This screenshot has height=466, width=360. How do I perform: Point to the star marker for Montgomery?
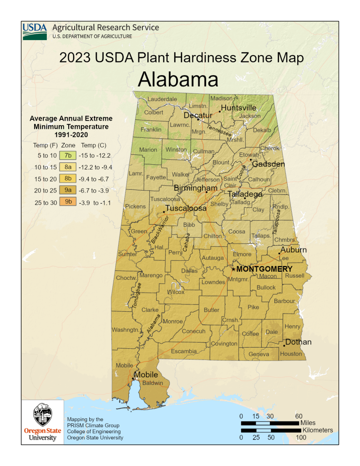(x=233, y=269)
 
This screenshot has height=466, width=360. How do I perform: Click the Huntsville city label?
(x=238, y=108)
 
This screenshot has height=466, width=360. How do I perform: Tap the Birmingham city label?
(x=195, y=188)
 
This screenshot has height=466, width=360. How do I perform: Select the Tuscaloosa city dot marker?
(x=164, y=212)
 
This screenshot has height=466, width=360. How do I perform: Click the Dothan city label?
(x=298, y=342)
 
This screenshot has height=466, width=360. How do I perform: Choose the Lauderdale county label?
(x=162, y=99)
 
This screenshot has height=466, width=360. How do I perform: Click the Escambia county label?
(x=184, y=351)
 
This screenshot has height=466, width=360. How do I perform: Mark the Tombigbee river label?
(x=138, y=296)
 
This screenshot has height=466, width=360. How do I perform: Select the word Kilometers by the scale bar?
(x=317, y=430)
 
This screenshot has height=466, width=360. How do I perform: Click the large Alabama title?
(x=178, y=79)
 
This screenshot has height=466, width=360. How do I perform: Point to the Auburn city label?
(x=294, y=250)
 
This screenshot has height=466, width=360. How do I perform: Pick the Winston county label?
(x=176, y=149)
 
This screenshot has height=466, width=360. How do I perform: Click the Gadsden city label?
(x=269, y=164)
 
